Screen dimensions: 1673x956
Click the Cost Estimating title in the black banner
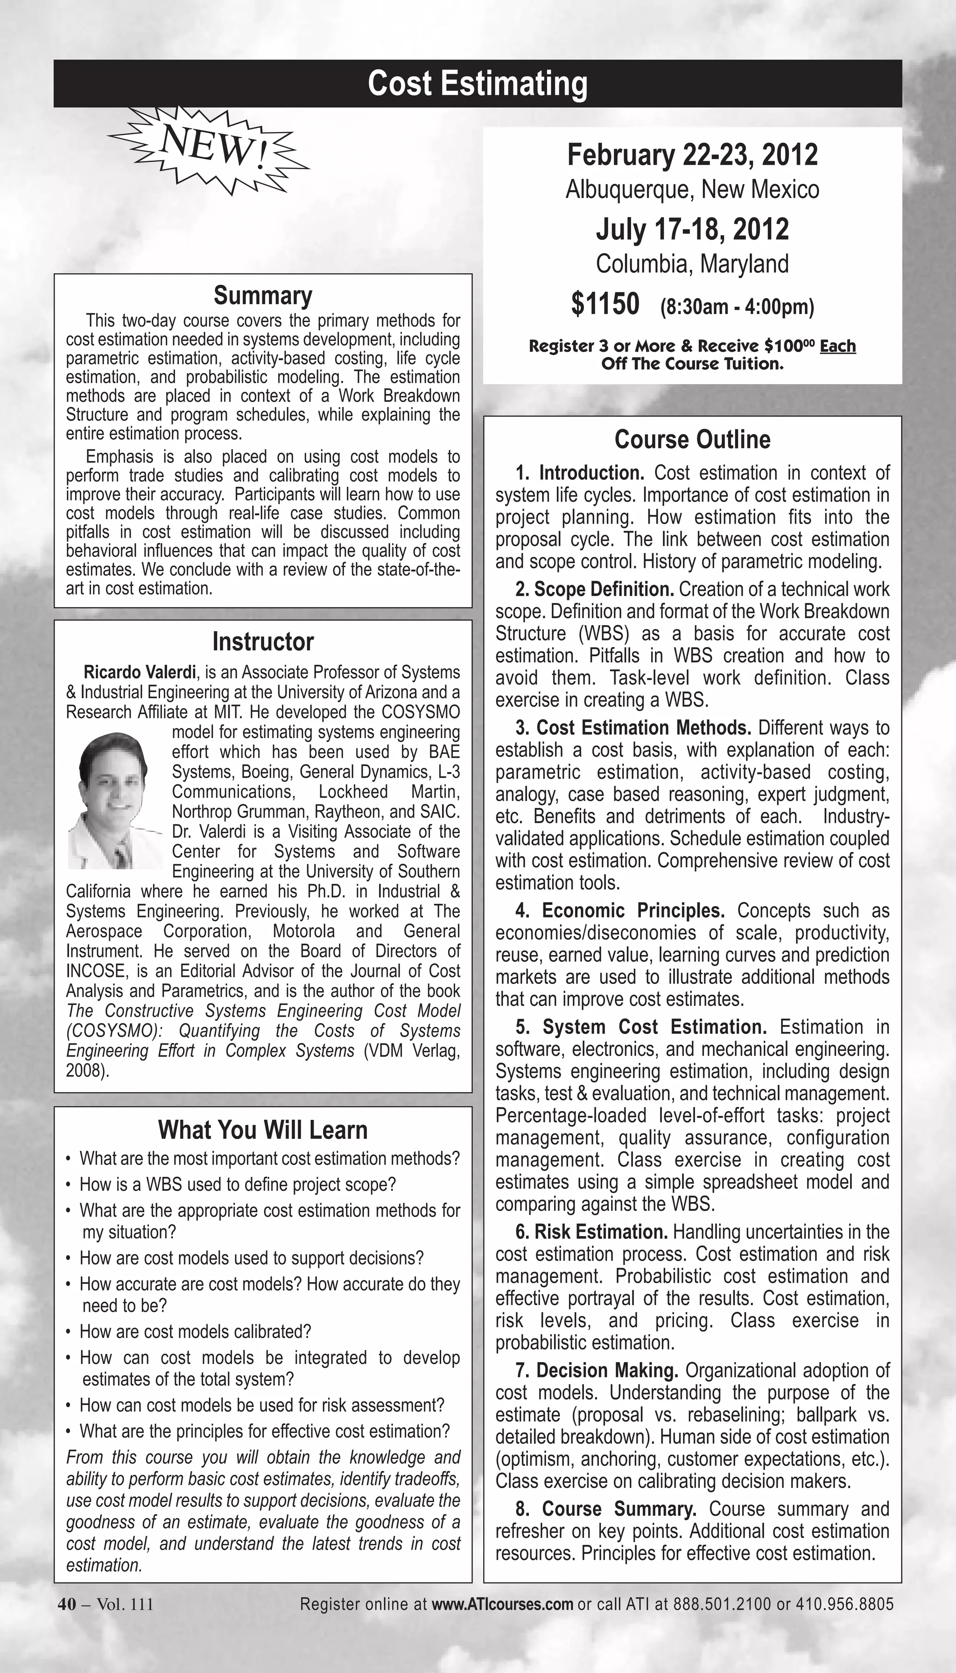(478, 84)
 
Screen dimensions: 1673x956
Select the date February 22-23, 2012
(692, 155)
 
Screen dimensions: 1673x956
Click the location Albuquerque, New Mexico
(692, 190)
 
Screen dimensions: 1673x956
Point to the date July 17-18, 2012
(692, 229)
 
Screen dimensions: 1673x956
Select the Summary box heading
(263, 295)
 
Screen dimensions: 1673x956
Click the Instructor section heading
(263, 641)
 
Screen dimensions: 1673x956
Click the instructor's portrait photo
(116, 802)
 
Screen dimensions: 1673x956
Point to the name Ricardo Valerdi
(139, 672)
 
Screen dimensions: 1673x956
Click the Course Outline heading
(692, 439)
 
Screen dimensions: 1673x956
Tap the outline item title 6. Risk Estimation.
(591, 1232)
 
